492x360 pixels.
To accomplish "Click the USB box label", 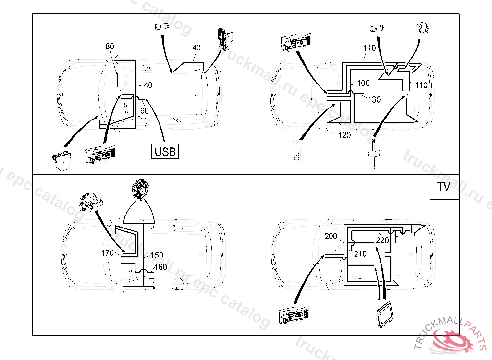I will (165, 152).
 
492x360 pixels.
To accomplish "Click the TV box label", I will (443, 187).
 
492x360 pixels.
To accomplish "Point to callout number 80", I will (110, 47).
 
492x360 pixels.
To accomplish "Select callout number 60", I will (144, 111).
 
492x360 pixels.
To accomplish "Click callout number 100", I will (363, 84).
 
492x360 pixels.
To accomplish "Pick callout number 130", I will (374, 99).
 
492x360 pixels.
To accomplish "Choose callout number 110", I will (421, 85).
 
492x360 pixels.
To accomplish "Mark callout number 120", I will (344, 135).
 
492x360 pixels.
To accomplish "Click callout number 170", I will (107, 253).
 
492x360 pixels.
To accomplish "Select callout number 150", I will (157, 256).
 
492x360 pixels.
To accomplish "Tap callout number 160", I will (160, 267).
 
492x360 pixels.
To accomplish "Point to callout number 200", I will (331, 236).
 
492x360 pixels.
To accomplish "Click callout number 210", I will (359, 254).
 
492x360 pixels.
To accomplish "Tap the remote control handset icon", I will (298, 152).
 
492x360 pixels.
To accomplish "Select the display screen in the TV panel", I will (385, 316).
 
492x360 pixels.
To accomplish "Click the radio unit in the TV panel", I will (293, 316).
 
